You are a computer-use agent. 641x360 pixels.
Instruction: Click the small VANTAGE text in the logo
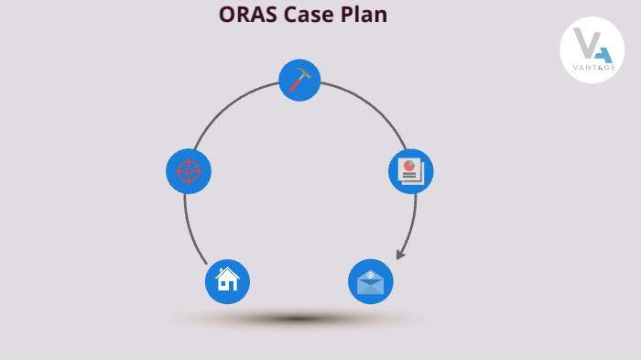click(x=592, y=68)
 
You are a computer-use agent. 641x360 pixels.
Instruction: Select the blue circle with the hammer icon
click(x=299, y=81)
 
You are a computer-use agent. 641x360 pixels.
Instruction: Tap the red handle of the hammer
click(x=295, y=85)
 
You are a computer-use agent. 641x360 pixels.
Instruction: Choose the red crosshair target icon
click(x=188, y=171)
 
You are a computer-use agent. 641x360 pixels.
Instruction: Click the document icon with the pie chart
click(x=410, y=171)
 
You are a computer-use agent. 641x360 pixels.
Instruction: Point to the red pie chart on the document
click(x=409, y=166)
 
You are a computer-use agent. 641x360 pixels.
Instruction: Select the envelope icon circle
click(x=371, y=282)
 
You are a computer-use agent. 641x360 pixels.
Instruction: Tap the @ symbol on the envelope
click(x=371, y=274)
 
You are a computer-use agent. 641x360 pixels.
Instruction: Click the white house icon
click(x=227, y=279)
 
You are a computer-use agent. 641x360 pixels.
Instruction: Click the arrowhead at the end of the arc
click(x=400, y=254)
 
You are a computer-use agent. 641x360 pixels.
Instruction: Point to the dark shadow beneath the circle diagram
click(x=298, y=319)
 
